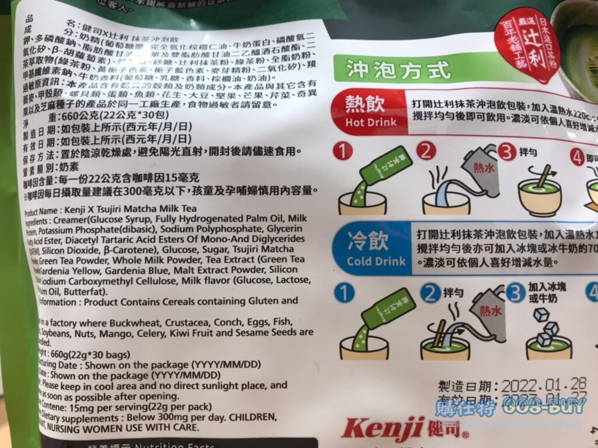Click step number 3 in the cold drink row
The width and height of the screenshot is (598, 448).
pos(515,293)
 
